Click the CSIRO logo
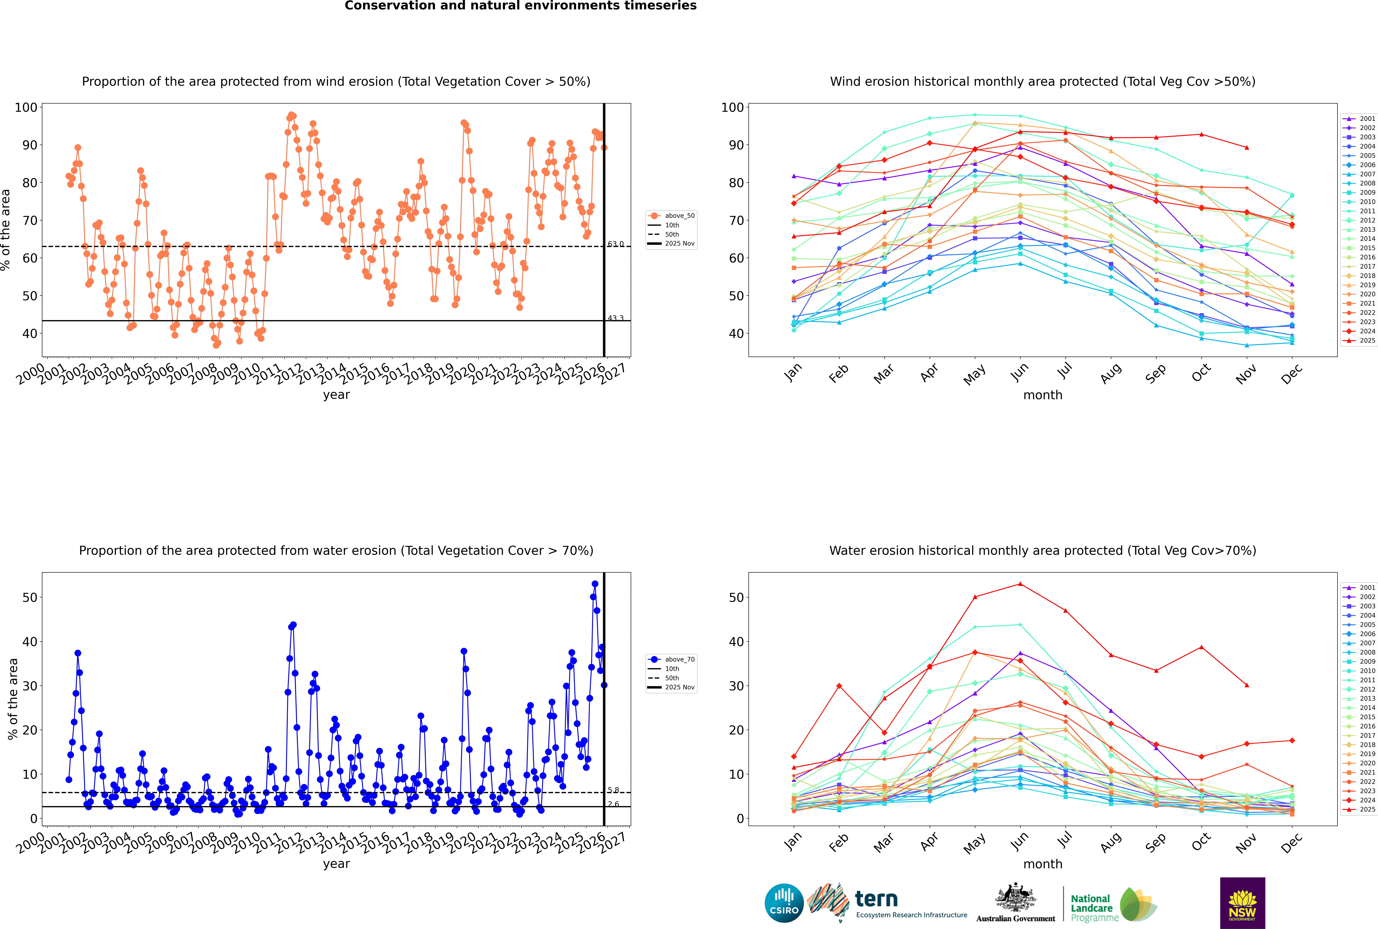[x=784, y=903]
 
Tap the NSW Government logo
[x=1242, y=903]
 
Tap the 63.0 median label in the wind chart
[x=616, y=244]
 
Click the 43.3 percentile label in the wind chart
[x=616, y=318]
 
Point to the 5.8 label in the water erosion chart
[x=613, y=790]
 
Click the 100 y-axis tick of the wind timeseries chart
[x=26, y=107]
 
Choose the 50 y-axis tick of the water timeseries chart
[x=30, y=597]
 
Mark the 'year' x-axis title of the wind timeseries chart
[x=336, y=395]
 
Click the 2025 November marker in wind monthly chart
[x=1246, y=147]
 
